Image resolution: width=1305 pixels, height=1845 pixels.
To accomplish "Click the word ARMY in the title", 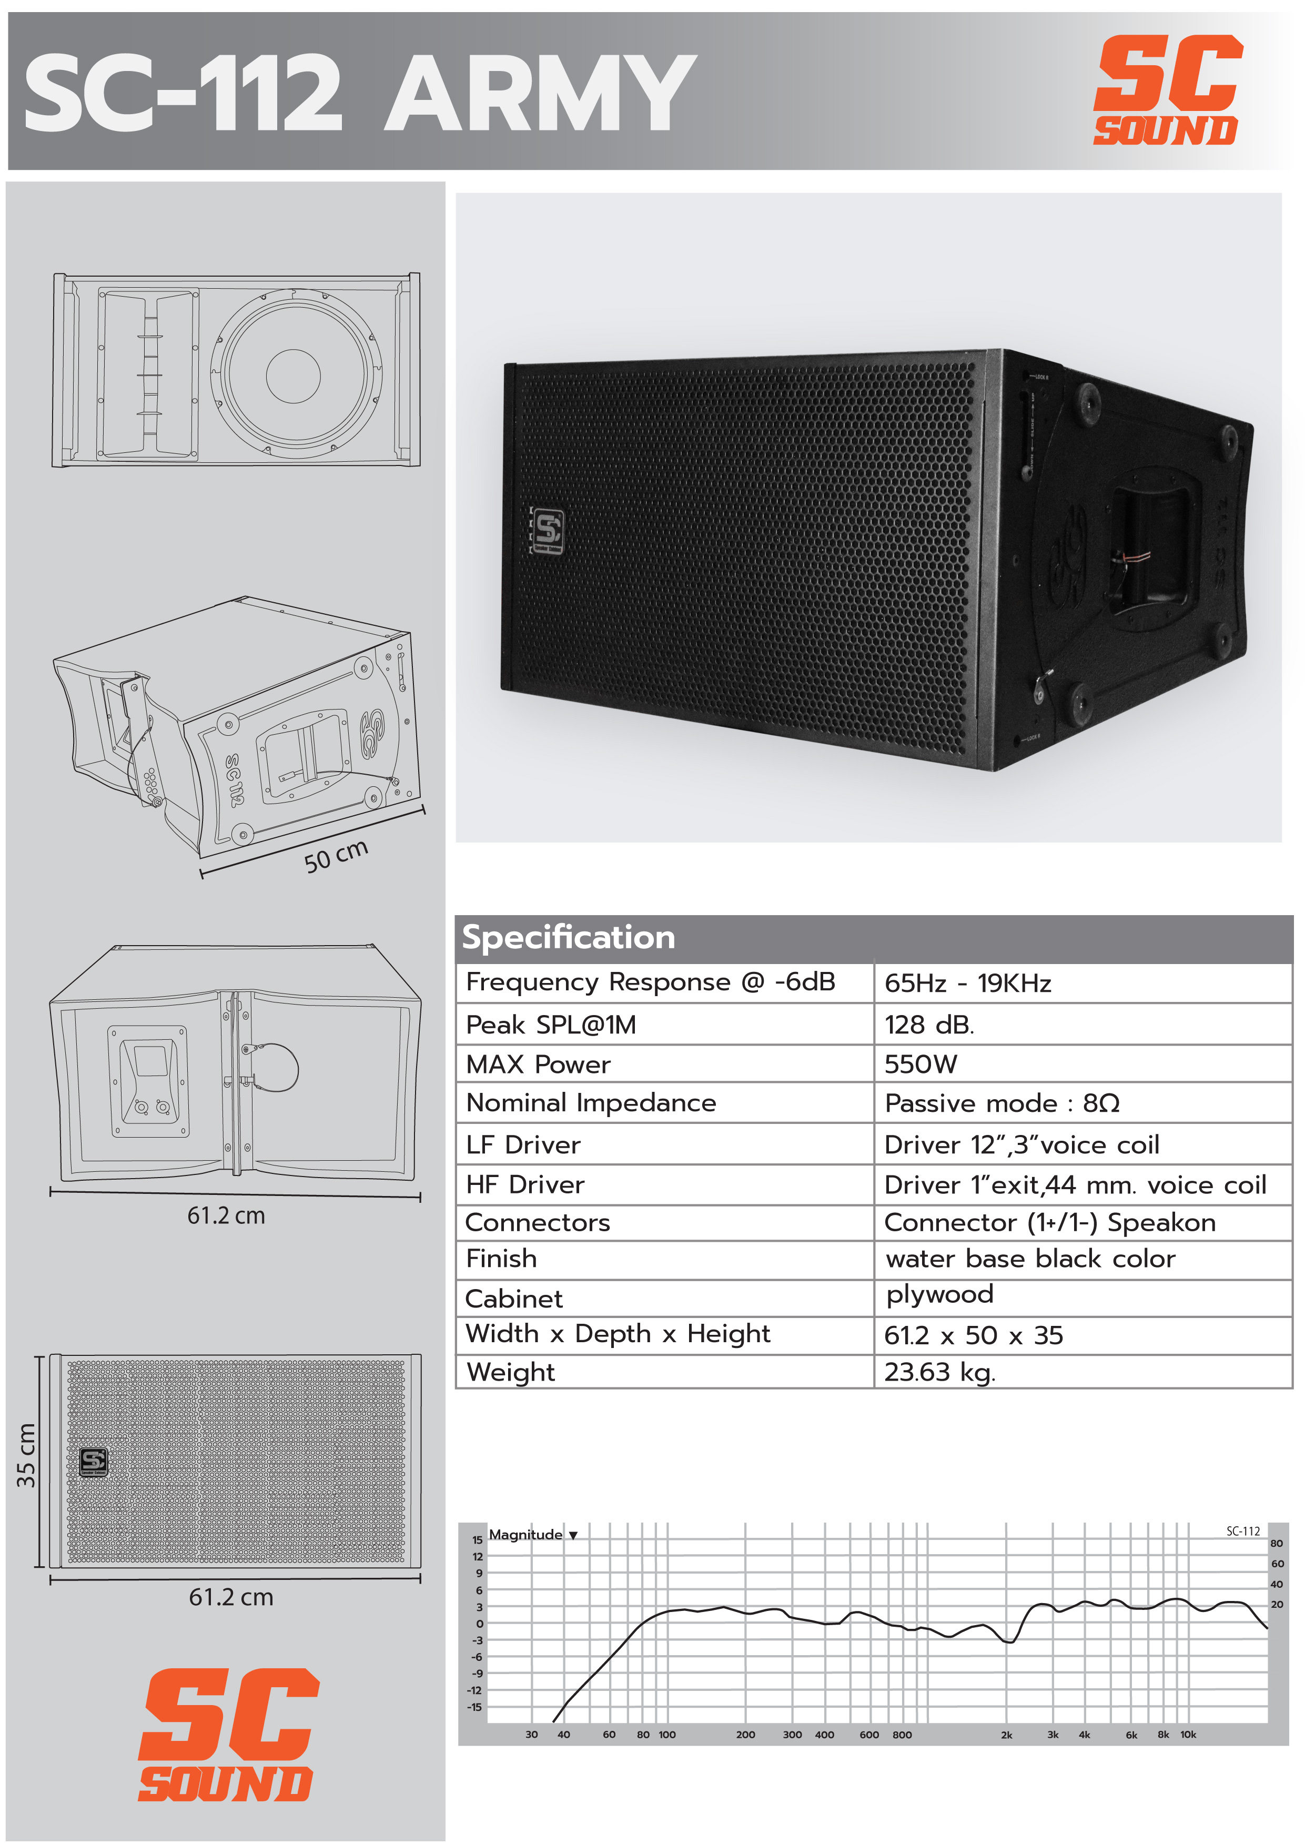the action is [x=540, y=93].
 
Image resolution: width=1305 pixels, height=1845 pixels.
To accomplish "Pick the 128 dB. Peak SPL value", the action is [x=929, y=1025].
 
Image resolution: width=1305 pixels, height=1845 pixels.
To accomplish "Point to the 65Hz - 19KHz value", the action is [x=967, y=983].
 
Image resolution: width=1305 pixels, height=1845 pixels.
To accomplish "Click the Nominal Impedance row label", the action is [x=591, y=1102].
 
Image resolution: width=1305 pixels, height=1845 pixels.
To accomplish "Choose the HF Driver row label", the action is [x=525, y=1184].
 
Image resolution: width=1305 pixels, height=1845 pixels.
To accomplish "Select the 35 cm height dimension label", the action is [x=26, y=1454].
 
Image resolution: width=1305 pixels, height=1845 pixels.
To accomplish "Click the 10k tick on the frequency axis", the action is [x=1188, y=1734].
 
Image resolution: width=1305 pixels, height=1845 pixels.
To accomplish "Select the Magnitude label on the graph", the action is [x=525, y=1534].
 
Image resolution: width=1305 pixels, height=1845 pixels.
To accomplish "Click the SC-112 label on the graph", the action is [x=1243, y=1531].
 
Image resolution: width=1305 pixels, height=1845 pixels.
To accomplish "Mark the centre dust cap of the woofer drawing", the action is [x=294, y=376].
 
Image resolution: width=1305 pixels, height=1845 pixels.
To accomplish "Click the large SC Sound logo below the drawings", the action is [x=227, y=1735].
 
